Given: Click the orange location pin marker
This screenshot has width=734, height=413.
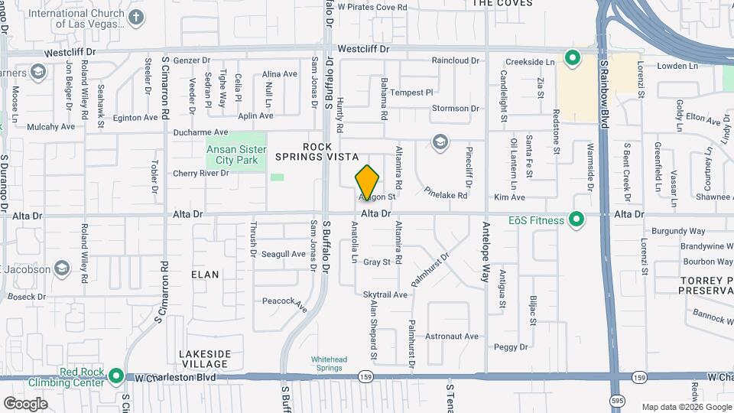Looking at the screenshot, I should click(x=367, y=182).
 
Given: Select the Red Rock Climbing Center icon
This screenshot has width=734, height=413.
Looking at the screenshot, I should click(x=115, y=376).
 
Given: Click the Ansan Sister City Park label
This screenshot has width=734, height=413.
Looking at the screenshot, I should click(x=236, y=154).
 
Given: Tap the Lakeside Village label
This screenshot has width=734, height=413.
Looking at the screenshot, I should click(x=204, y=359).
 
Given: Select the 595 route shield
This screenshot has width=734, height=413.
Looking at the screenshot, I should click(x=615, y=400).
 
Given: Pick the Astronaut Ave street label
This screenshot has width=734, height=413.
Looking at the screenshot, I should click(x=451, y=337).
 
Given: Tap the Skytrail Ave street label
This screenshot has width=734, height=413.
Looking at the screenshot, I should click(x=385, y=294).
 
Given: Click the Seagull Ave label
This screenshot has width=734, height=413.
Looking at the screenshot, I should click(x=283, y=254).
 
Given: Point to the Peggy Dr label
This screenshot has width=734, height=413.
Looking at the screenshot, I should click(x=511, y=346).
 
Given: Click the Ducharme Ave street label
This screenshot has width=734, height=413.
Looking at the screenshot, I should click(x=200, y=132).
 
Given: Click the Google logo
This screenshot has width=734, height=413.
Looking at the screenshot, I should click(x=25, y=403).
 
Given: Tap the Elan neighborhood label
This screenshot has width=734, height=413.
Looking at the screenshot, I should click(x=205, y=275).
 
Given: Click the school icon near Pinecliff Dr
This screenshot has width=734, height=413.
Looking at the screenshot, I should click(x=440, y=141).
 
